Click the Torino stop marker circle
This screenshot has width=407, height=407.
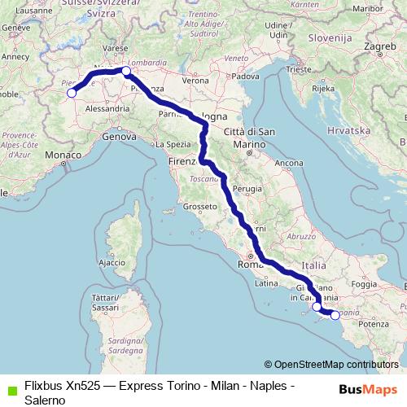pyautogui.click(x=71, y=93)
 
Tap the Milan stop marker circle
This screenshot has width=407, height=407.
pyautogui.click(x=126, y=72)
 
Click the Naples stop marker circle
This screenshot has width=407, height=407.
pyautogui.click(x=317, y=308)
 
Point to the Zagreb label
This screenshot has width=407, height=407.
pyautogui.click(x=379, y=47)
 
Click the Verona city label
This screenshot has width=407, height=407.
pyautogui.click(x=195, y=81)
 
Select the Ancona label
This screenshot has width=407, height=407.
pyautogui.click(x=289, y=164)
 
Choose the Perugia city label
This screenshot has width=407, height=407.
pyautogui.click(x=245, y=188)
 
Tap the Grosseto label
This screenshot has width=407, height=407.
pyautogui.click(x=200, y=207)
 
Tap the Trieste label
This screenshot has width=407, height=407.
pyautogui.click(x=300, y=70)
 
